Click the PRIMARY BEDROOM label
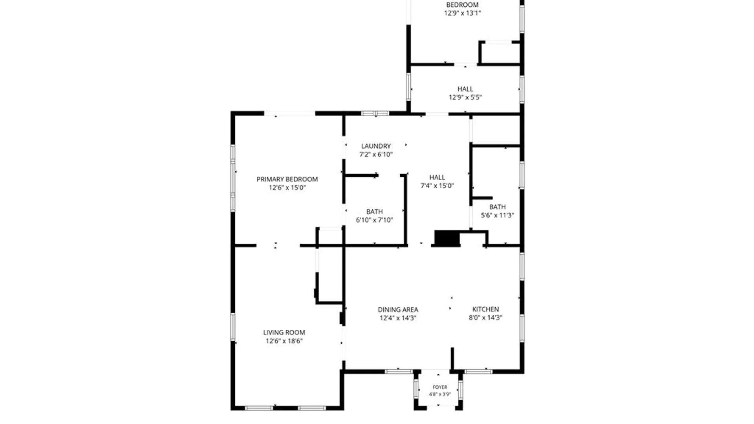pos(287,179)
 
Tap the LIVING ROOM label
pos(284,333)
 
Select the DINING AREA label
pos(398,310)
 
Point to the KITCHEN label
pos(485,309)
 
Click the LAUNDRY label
pos(376,146)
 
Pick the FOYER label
pos(440,387)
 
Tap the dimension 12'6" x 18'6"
pos(284,341)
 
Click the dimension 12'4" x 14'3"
pos(398,318)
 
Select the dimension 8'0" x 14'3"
pos(485,318)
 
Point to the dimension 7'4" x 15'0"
pos(437,186)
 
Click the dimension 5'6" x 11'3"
pos(497,215)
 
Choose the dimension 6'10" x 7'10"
pos(374,220)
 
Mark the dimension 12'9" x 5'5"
pos(465,97)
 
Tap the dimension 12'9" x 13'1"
pos(462,13)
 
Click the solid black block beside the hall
pos(447,238)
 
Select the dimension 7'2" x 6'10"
pos(376,154)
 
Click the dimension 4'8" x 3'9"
pos(440,394)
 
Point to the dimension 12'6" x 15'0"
pos(287,188)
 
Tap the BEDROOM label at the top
pos(462,5)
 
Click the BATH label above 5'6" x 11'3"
pos(497,207)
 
